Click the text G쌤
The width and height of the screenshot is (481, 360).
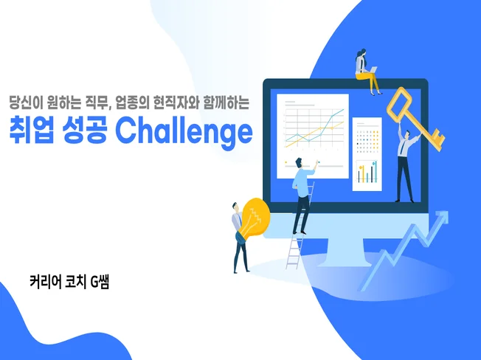click(98, 281)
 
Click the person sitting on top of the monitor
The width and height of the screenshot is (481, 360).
click(365, 71)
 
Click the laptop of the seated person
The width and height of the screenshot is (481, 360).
click(373, 71)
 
